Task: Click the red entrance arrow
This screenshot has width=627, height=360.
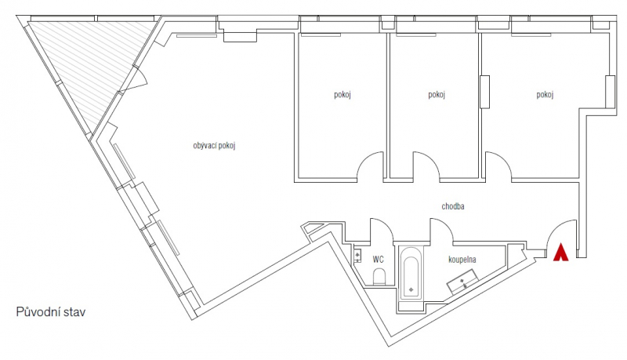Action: (560, 252)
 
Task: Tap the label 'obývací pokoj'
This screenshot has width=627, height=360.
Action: (214, 146)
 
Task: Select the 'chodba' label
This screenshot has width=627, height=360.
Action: (453, 206)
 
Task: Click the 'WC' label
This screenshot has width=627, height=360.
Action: (378, 260)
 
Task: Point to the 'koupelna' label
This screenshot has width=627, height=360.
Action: (462, 260)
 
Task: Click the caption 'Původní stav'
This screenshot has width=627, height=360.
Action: (51, 312)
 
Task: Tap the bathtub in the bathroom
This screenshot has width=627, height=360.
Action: (411, 273)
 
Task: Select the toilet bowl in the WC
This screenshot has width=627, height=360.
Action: (379, 277)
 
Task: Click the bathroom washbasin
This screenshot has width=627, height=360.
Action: (463, 282)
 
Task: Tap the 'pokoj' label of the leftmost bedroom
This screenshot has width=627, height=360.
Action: (342, 95)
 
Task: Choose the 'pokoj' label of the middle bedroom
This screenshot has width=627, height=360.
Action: (437, 95)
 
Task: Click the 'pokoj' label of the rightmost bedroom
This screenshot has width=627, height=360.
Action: (545, 95)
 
